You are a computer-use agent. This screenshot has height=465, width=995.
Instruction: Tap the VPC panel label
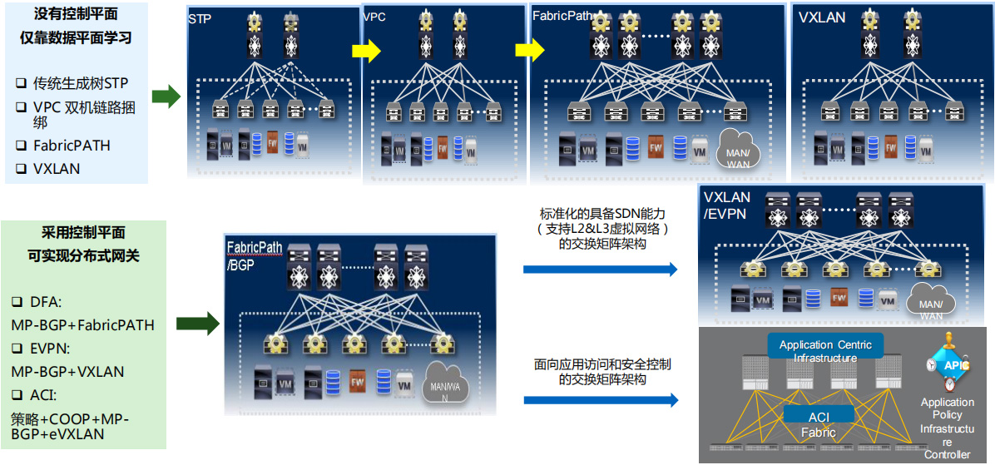374,17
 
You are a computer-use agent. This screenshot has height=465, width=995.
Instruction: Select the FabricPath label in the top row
562,16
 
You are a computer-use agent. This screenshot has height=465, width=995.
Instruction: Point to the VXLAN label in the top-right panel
822,17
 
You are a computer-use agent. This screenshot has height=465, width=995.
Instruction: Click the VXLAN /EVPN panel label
727,205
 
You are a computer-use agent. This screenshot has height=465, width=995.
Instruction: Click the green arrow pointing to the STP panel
166,96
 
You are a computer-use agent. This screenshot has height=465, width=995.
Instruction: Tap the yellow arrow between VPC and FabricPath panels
530,52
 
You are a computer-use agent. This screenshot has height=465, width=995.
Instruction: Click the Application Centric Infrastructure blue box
824,350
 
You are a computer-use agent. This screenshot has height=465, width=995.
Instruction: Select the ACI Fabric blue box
818,423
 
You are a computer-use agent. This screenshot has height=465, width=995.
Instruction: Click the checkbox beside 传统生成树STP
21,82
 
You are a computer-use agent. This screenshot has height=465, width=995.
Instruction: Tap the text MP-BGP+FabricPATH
82,324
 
